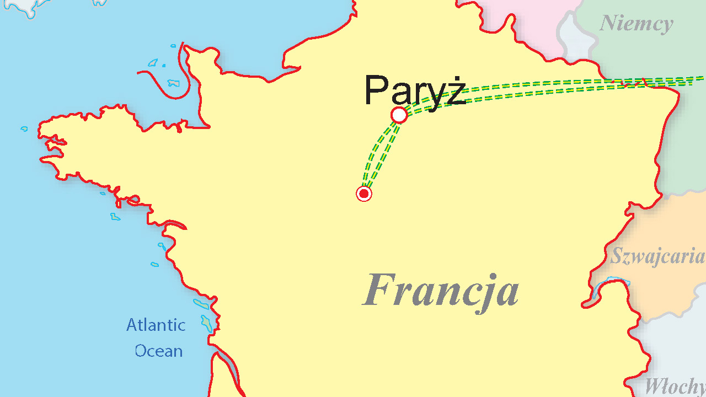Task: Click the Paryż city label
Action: click(x=415, y=91)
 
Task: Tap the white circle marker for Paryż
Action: click(x=399, y=115)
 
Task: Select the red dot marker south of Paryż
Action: click(x=364, y=194)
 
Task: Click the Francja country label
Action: click(x=441, y=291)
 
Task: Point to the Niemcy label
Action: click(x=636, y=24)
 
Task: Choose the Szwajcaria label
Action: click(x=657, y=257)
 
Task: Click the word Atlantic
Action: click(x=156, y=325)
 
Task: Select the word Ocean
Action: click(x=159, y=351)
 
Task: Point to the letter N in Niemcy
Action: click(x=607, y=24)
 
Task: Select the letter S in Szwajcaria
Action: click(x=616, y=256)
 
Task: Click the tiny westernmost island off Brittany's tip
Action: click(x=24, y=129)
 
